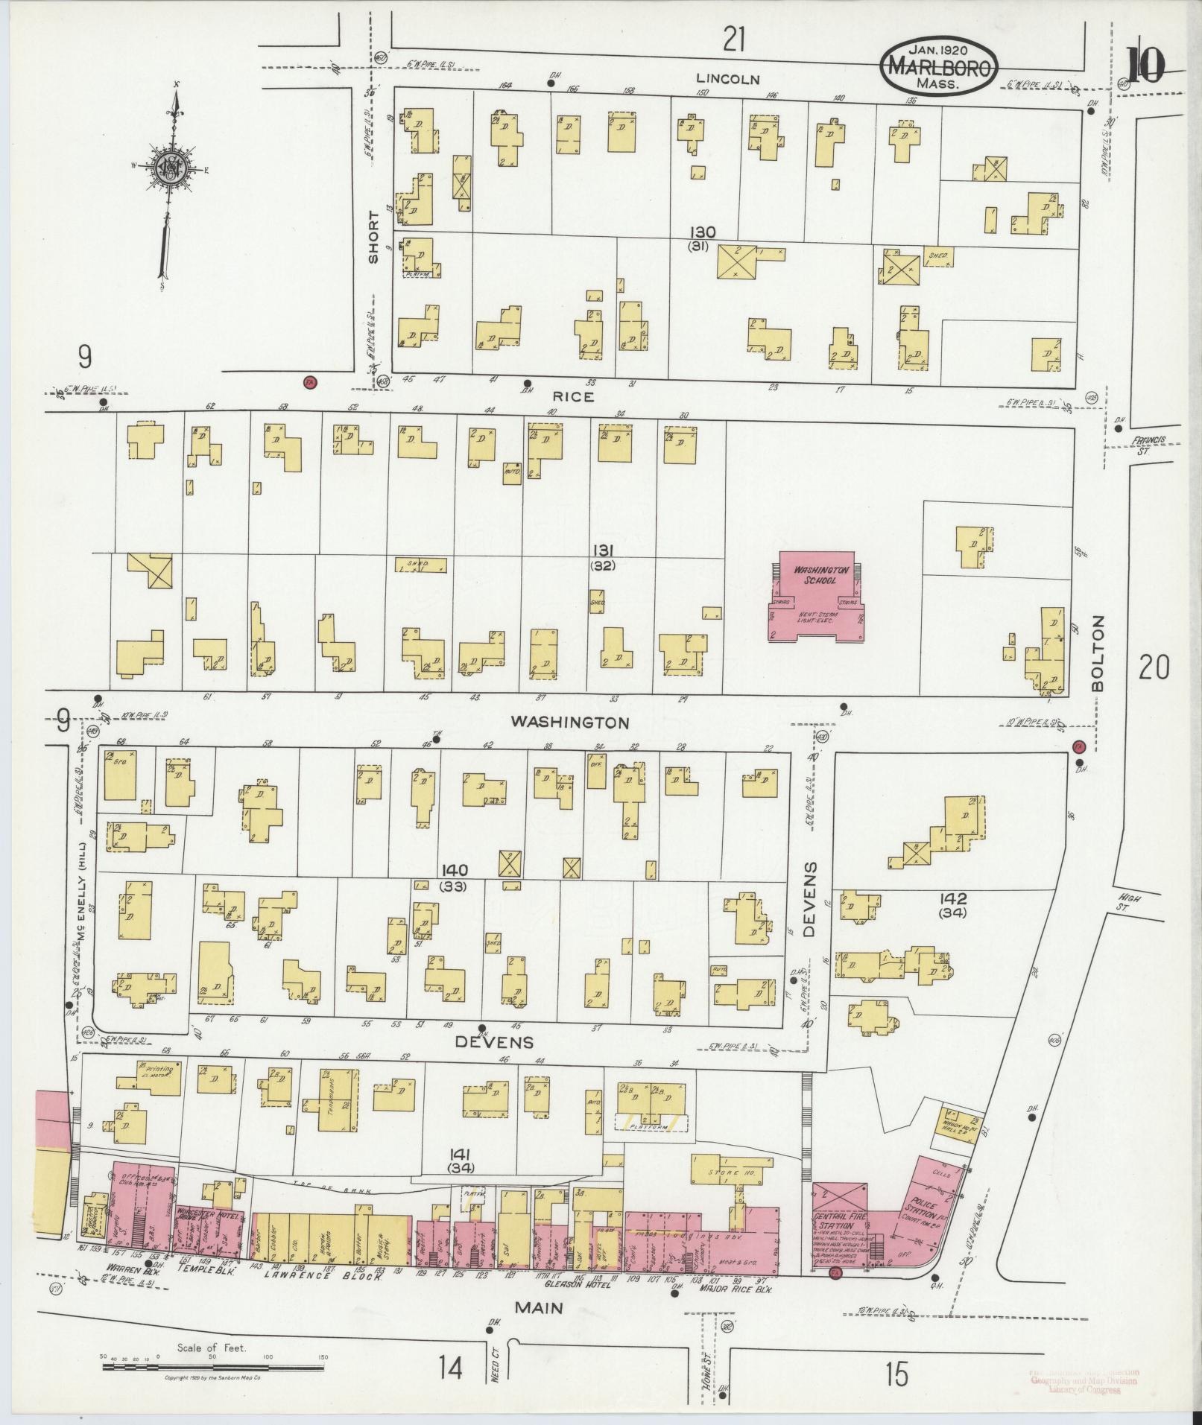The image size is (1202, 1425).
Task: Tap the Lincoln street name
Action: point(728,78)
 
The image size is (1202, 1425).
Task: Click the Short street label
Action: point(373,237)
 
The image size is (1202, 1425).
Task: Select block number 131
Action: point(602,550)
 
